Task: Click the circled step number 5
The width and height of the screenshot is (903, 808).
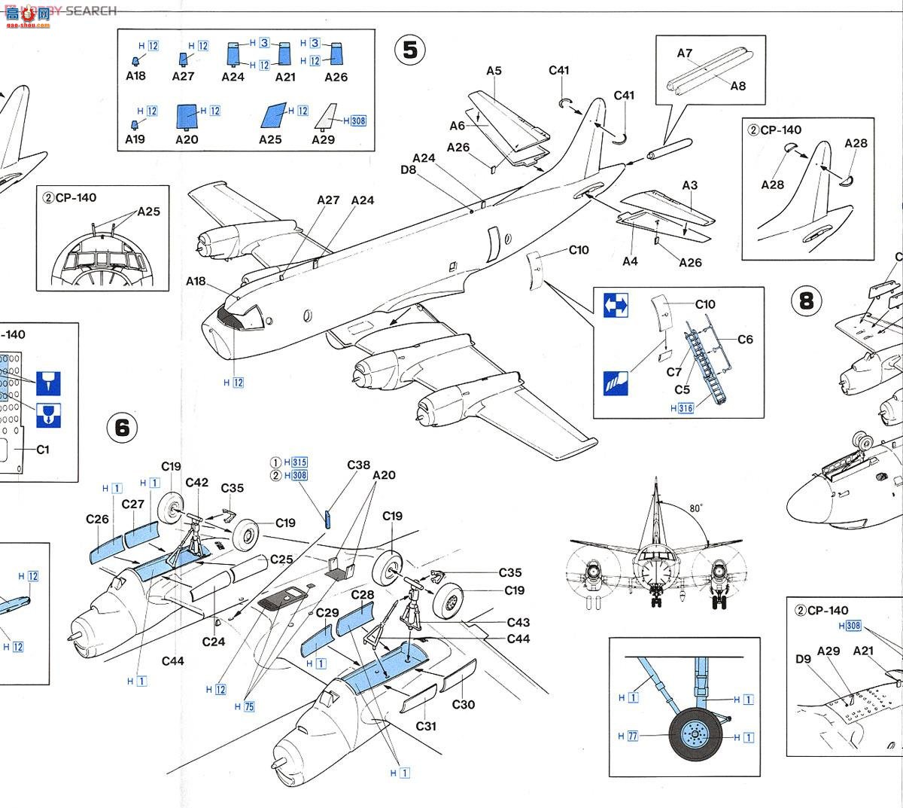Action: pos(410,50)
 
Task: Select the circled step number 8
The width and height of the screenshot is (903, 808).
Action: pos(807,301)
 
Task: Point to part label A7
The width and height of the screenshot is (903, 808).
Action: pos(684,53)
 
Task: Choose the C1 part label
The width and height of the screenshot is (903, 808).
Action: pos(43,450)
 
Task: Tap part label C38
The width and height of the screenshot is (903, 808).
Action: pos(358,465)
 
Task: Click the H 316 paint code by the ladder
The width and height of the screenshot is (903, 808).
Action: pos(683,409)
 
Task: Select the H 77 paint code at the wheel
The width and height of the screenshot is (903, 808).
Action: pos(628,736)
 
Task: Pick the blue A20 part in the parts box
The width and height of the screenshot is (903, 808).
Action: pos(187,117)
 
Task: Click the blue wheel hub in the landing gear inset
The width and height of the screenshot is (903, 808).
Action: pos(695,734)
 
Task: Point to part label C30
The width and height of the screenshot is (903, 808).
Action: pos(464,705)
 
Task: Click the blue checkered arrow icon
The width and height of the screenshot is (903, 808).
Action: pos(616,305)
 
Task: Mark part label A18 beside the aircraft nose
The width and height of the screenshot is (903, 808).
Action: pos(196,282)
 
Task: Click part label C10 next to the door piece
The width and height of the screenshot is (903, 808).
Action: pos(579,250)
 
